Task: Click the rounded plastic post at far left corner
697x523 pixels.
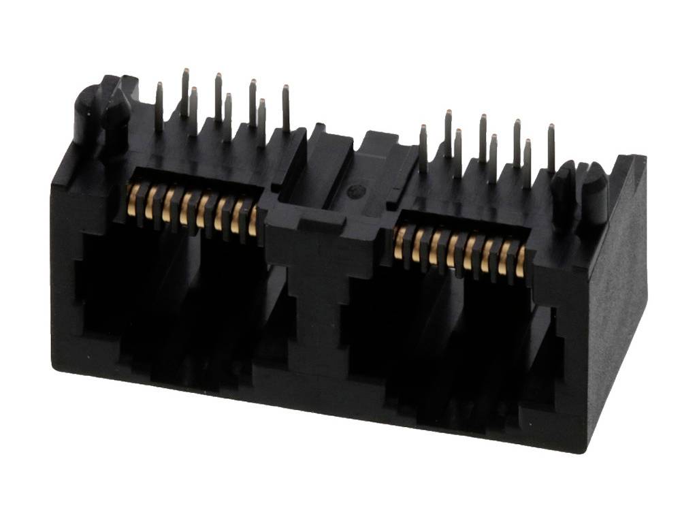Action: (85, 113)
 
